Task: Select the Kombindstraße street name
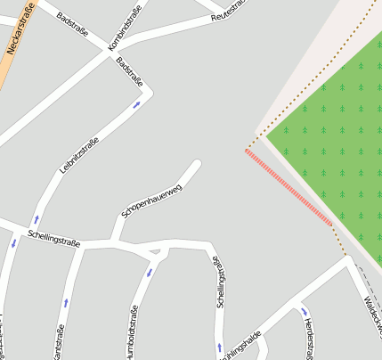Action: point(126,34)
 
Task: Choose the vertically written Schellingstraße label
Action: point(220,281)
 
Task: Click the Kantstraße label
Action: point(60,343)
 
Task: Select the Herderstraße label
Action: point(307,339)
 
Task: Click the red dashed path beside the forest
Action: point(289,187)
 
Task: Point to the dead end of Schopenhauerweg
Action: point(197,163)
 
